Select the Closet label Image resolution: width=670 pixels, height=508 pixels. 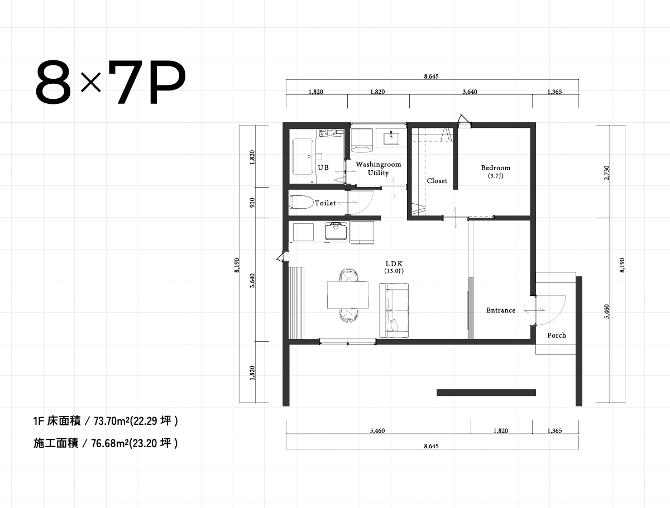coord(437,181)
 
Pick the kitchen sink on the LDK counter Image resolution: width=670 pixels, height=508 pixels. coord(336,231)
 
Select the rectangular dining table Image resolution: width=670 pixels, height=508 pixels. coord(347,295)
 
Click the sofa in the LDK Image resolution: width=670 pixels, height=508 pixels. coord(394,310)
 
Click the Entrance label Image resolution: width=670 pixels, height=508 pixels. coord(500,310)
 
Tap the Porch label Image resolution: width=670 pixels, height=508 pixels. coord(556,336)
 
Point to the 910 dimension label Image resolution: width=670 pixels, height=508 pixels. coord(253,202)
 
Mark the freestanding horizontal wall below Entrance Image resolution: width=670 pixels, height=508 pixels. coord(486,392)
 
